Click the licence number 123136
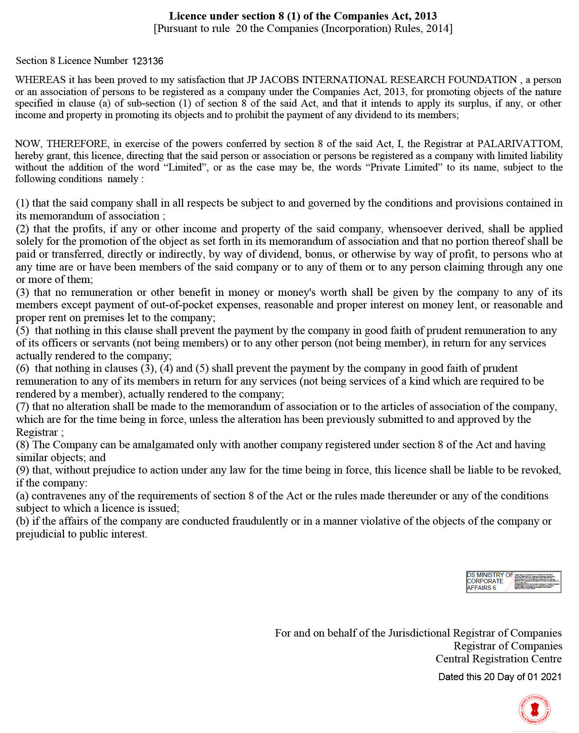(148, 61)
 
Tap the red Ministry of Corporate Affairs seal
(535, 709)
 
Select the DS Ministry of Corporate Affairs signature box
(514, 582)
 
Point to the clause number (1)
(23, 203)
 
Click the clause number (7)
(23, 406)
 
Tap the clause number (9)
(23, 470)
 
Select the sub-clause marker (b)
(23, 521)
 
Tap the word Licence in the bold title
(188, 16)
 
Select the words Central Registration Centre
(498, 658)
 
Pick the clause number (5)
(23, 331)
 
